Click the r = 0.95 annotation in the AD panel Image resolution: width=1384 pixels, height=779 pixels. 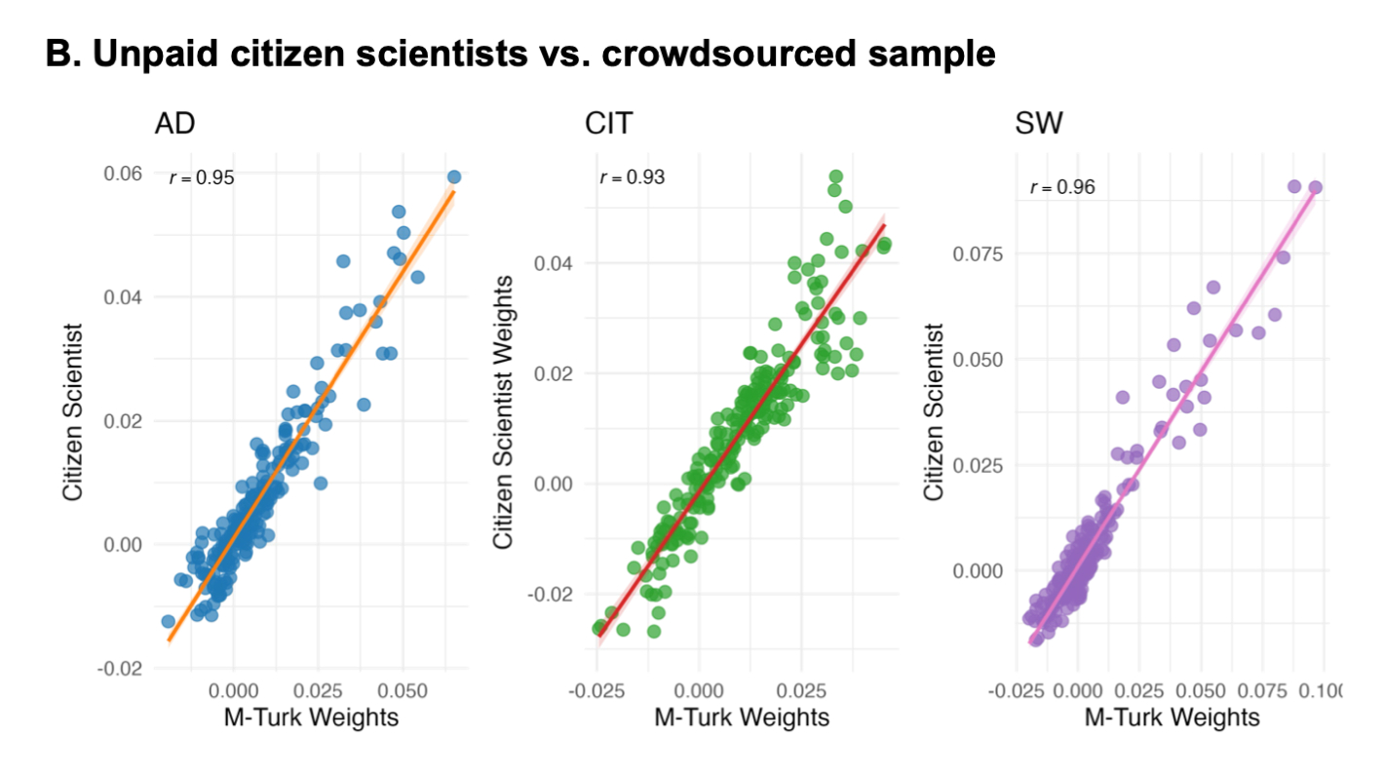click(202, 178)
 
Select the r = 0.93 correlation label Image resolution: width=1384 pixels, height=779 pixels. click(632, 177)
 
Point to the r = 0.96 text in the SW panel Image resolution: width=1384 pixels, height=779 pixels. click(1061, 187)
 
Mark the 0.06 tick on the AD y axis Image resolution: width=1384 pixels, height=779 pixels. click(123, 174)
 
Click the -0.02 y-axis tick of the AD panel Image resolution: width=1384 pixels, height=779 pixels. click(120, 668)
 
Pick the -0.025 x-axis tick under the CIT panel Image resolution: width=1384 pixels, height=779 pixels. click(596, 691)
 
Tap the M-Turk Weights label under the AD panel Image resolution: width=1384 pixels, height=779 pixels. click(310, 718)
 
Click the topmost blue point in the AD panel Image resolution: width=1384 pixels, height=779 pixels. click(454, 176)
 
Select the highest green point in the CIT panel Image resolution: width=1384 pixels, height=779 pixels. click(835, 176)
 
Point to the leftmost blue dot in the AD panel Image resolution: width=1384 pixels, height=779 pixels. click(168, 621)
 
